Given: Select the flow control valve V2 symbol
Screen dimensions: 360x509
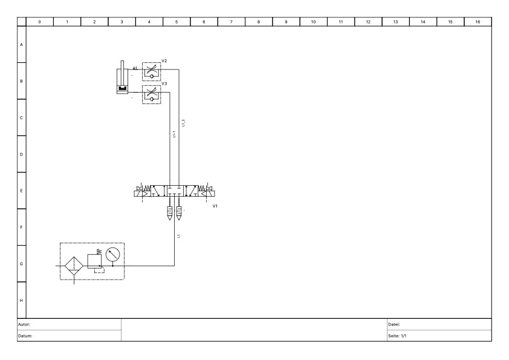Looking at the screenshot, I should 151,70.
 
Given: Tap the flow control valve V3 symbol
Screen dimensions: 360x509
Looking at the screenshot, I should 151,94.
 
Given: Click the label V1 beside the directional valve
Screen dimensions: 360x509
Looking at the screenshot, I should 215,206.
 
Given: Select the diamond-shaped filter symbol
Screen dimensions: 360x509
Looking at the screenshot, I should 74,265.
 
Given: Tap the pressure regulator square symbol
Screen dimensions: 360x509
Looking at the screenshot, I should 95,261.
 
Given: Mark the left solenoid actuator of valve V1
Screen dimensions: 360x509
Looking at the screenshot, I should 140,192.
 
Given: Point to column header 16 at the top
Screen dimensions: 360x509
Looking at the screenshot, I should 478,22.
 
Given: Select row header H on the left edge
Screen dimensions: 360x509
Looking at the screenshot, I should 22,300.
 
